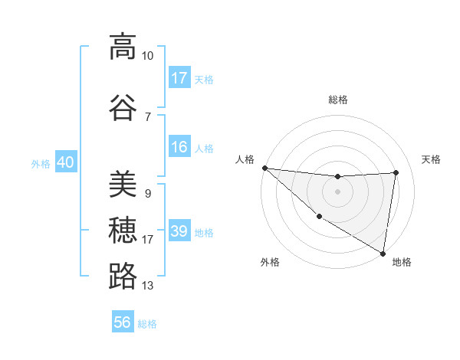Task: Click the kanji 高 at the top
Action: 123,47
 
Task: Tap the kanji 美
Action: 123,184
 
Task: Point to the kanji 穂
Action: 123,230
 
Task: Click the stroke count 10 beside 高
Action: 148,56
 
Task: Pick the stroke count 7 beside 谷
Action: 147,116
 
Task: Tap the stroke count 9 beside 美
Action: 147,194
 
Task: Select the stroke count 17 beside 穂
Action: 148,240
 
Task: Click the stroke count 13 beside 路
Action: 148,286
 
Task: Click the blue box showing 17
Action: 179,78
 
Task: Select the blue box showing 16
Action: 179,147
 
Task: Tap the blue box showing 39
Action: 179,231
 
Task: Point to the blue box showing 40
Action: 66,162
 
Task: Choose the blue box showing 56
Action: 123,322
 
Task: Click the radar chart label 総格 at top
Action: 338,100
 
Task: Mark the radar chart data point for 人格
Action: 264,168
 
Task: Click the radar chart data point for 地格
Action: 383,253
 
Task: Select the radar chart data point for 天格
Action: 396,172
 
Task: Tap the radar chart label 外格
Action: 270,262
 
